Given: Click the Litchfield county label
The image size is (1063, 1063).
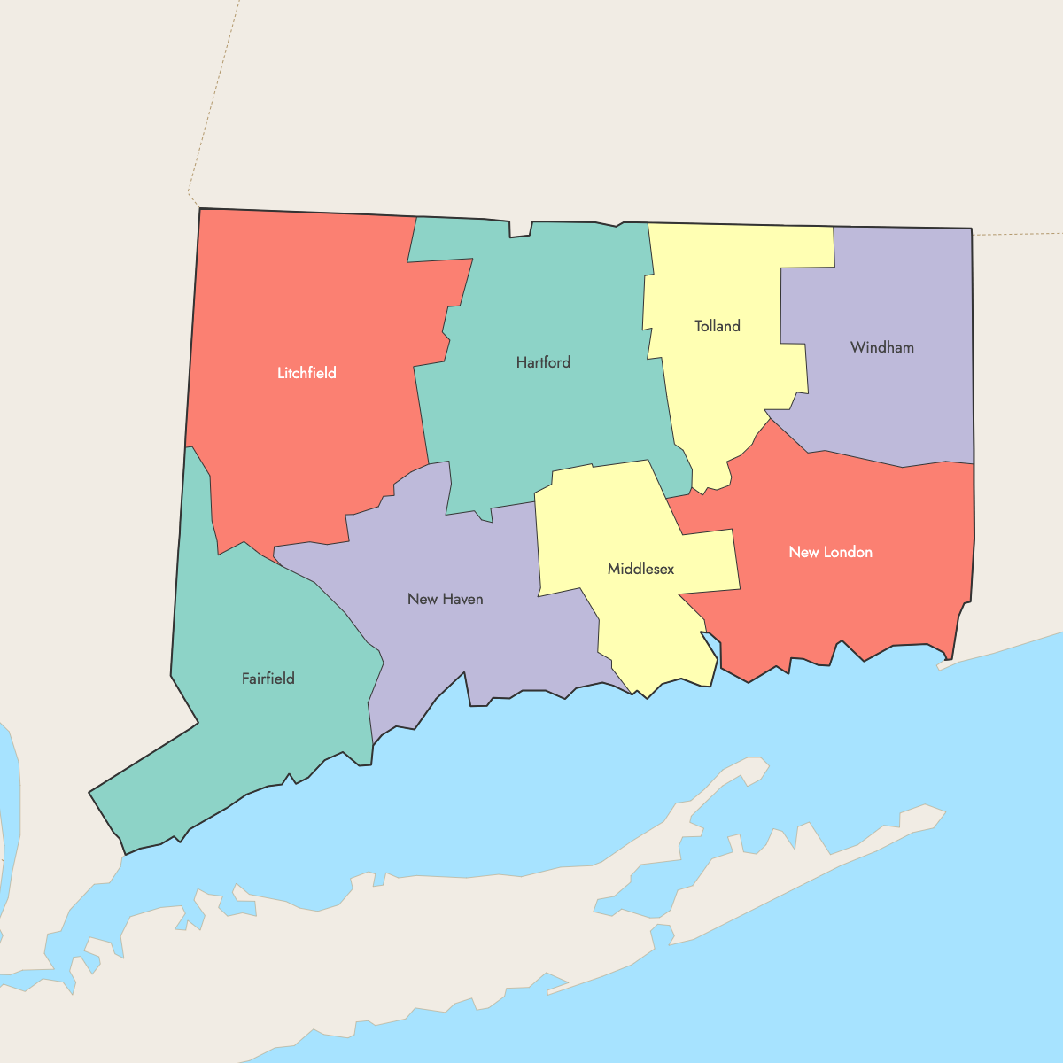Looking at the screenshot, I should pyautogui.click(x=306, y=373).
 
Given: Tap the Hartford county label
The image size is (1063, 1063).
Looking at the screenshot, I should pyautogui.click(x=543, y=362).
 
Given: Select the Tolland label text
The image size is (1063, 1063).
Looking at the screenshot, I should pyautogui.click(x=717, y=326).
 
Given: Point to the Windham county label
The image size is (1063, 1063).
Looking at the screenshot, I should pyautogui.click(x=881, y=347).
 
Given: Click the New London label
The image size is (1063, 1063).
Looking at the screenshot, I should pyautogui.click(x=830, y=552).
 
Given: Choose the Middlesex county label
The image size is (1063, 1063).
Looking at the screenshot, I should pyautogui.click(x=640, y=569).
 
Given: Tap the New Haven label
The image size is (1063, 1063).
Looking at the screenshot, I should pyautogui.click(x=445, y=599).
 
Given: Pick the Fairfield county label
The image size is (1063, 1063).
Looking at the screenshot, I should pyautogui.click(x=268, y=679).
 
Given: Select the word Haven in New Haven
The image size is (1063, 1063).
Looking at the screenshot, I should pyautogui.click(x=462, y=599).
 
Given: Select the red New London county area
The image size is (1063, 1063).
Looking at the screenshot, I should pyautogui.click(x=850, y=602).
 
